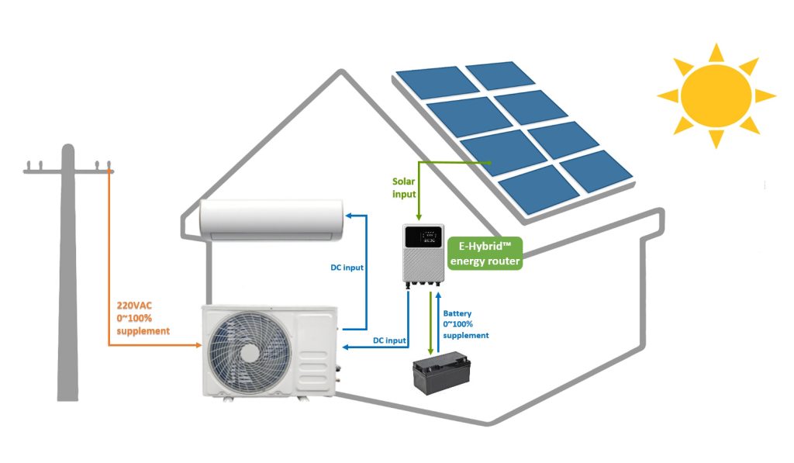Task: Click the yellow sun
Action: (716, 95)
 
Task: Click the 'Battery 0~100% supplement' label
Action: (465, 324)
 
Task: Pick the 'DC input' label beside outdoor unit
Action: (385, 340)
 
